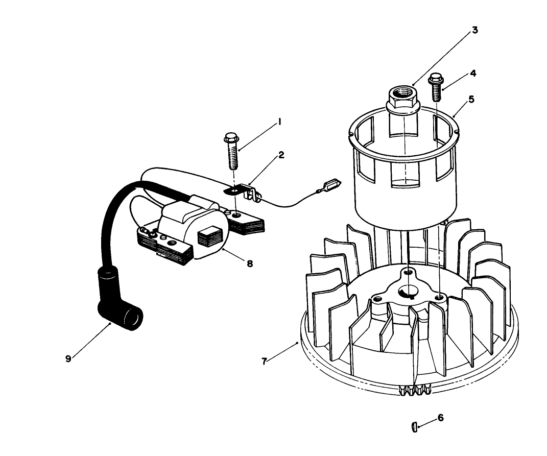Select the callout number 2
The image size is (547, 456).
[x=281, y=154]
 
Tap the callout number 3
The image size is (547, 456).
[x=474, y=30]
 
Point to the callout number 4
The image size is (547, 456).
[x=473, y=73]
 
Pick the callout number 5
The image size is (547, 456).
[x=471, y=99]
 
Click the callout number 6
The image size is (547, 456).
[x=440, y=418]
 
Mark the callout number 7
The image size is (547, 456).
[x=264, y=361]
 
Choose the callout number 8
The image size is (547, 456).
[x=249, y=264]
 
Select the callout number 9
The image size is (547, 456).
[x=68, y=358]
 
